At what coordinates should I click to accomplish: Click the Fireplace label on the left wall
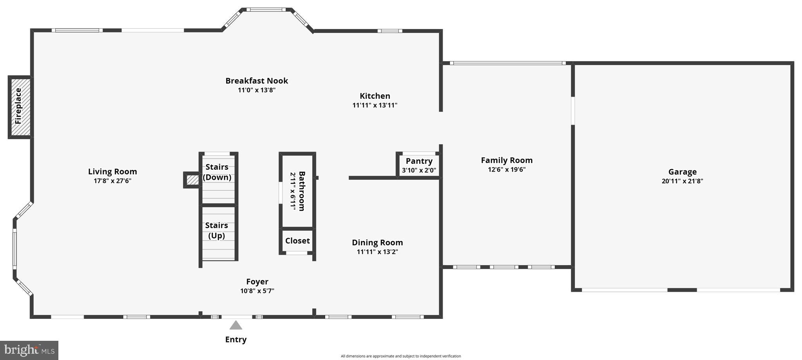point(18,106)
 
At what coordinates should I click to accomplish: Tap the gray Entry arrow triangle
point(235,325)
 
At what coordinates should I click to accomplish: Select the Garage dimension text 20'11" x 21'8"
point(682,181)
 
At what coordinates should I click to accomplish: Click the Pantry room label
point(419,161)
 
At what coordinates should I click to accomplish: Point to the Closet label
point(297,241)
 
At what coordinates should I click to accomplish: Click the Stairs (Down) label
point(217,172)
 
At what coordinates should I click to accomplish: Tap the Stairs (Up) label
point(217,230)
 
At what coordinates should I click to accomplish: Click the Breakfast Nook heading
point(257,81)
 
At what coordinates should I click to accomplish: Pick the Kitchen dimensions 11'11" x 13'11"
point(375,105)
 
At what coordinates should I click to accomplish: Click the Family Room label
point(507,160)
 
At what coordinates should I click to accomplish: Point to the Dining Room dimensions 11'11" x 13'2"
point(377,252)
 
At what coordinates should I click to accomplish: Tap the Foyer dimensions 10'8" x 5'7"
point(257,291)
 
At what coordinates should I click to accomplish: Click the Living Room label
point(112,172)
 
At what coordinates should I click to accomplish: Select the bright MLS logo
point(29,350)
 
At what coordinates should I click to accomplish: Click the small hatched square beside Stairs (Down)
point(192,180)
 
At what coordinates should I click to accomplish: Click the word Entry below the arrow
point(235,340)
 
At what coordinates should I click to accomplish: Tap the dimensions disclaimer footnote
point(400,356)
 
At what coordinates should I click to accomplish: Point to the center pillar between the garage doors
point(682,290)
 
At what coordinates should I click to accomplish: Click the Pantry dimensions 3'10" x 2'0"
point(419,170)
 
